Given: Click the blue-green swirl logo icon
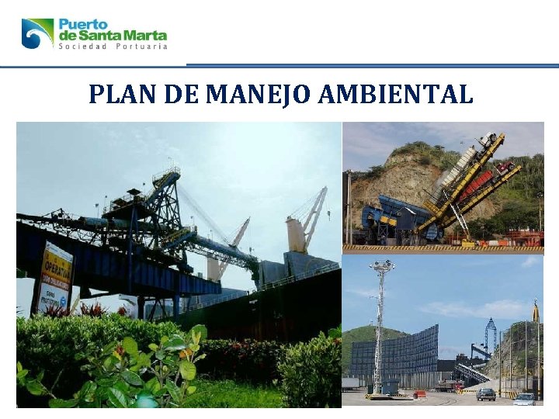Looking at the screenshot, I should point(37,33).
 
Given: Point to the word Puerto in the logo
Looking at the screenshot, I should point(84,24).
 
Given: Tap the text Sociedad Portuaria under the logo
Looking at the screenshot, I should point(113,47).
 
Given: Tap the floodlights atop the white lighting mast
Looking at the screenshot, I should point(381,265).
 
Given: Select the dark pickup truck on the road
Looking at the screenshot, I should point(486,393).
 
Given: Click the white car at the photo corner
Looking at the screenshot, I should point(525,399).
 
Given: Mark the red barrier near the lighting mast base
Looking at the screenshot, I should point(420,393).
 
